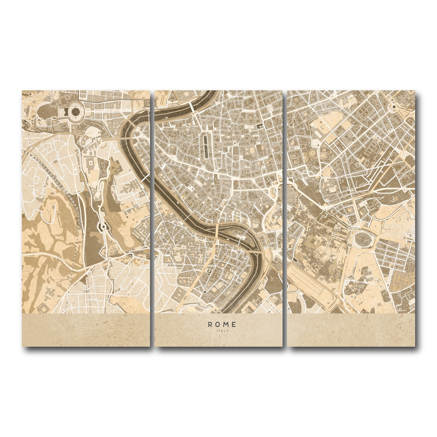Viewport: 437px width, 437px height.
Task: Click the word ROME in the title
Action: click(x=222, y=324)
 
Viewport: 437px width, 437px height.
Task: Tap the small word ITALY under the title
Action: click(x=222, y=331)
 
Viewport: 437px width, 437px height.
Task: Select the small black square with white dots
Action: click(x=260, y=126)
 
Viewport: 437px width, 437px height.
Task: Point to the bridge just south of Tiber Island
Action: click(x=256, y=252)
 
